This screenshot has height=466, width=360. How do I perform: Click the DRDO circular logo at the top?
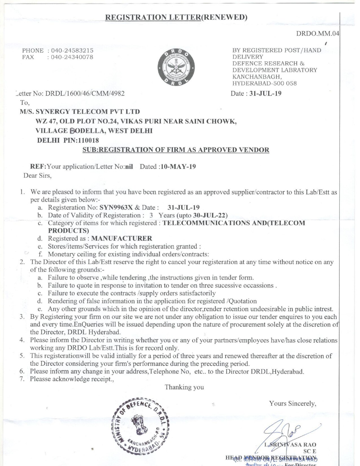coord(177,67)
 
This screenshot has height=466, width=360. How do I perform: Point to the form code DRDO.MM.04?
coord(317,34)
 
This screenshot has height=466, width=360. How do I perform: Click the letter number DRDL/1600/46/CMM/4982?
coord(85,93)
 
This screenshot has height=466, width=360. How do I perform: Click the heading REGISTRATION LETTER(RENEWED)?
coord(176,18)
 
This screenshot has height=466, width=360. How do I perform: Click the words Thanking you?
coord(184,387)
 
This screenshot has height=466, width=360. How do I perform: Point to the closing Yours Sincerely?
coord(293,403)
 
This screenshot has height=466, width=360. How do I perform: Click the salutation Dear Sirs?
coord(38,176)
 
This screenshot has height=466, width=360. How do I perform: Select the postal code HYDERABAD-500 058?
coord(265,83)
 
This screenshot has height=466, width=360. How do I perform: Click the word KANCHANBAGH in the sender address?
coord(257,77)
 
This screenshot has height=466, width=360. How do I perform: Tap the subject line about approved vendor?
coord(176,150)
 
